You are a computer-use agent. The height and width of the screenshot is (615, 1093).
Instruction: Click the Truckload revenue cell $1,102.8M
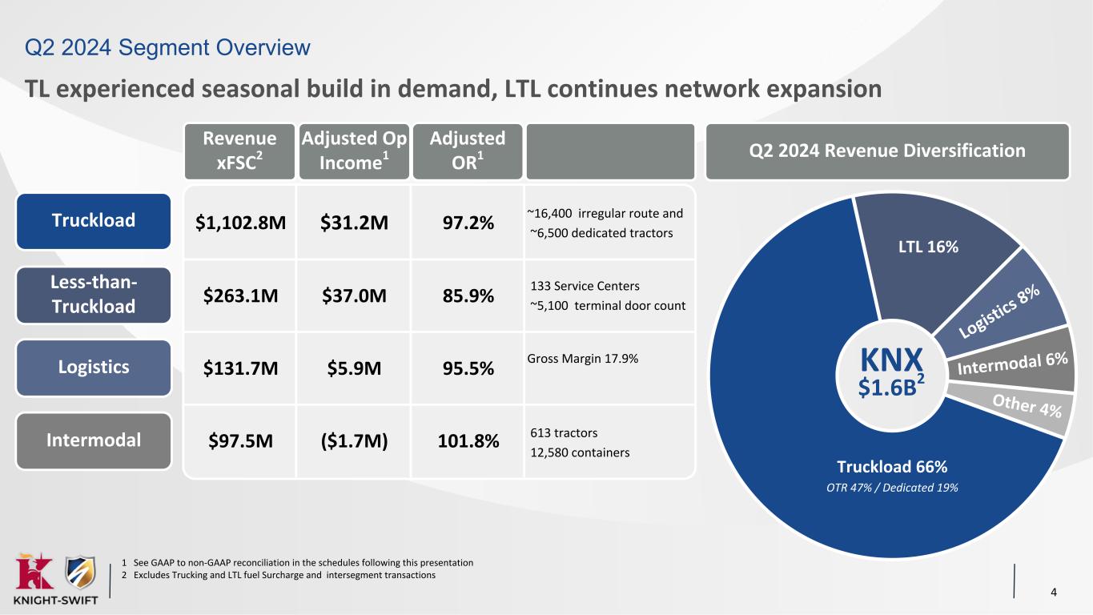tap(240, 222)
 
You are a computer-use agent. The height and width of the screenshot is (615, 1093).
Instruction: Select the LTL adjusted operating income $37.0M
tap(354, 295)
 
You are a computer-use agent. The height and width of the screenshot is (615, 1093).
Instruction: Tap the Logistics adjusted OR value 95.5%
tap(468, 368)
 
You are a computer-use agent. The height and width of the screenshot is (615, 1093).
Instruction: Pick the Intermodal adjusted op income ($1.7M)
tap(354, 440)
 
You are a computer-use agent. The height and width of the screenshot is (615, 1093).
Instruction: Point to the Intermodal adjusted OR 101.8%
tap(468, 440)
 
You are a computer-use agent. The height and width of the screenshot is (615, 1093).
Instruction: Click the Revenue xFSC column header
tap(239, 151)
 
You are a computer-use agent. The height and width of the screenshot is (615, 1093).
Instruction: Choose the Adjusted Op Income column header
tap(353, 151)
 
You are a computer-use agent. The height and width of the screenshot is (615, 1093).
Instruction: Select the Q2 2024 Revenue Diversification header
tap(886, 151)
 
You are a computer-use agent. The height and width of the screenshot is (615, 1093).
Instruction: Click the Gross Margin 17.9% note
tap(583, 359)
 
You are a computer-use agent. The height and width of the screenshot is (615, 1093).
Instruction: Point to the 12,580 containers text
tap(580, 452)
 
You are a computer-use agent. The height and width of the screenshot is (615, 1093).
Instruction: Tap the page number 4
tap(1054, 593)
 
